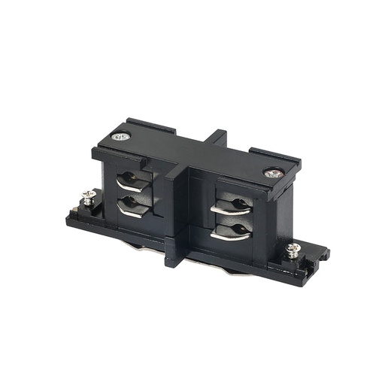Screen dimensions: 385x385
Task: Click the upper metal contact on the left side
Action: (x=132, y=181)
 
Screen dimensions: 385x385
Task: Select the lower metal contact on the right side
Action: (x=228, y=231)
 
